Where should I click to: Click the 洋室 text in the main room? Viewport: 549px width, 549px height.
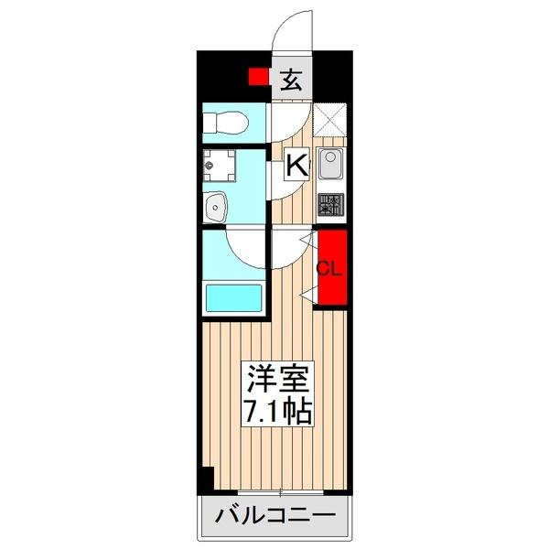277,378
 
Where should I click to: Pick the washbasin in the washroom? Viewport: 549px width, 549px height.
218,207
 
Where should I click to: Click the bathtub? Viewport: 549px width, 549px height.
234,297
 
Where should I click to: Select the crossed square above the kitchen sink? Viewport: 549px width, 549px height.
329,118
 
